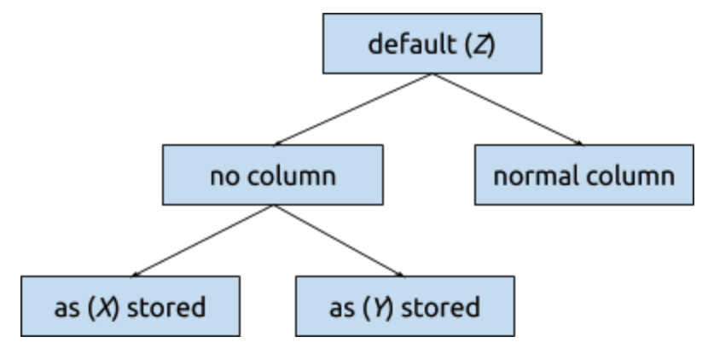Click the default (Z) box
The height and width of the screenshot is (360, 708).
click(x=432, y=44)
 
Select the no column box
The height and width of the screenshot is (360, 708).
click(x=273, y=175)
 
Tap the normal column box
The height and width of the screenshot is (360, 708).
click(x=584, y=175)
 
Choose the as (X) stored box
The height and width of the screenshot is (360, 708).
click(x=131, y=306)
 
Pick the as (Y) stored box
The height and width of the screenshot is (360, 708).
click(x=405, y=306)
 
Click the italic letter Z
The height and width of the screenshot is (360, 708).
click(x=481, y=45)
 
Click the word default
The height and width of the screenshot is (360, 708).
click(x=413, y=44)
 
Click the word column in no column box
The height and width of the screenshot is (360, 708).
click(x=292, y=176)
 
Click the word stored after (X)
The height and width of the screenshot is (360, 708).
click(x=166, y=308)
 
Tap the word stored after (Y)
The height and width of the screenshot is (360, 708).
click(x=440, y=308)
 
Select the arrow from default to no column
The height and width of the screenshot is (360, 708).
click(x=352, y=109)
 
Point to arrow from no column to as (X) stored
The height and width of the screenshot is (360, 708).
click(x=202, y=241)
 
